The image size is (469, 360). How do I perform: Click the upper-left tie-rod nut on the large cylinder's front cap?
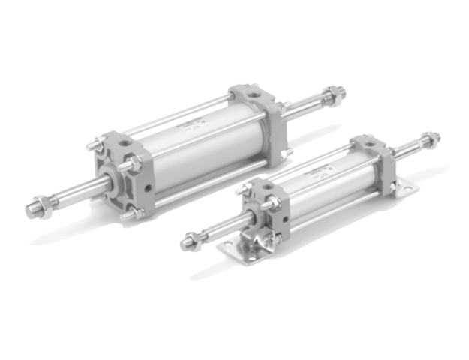coord(94,145)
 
